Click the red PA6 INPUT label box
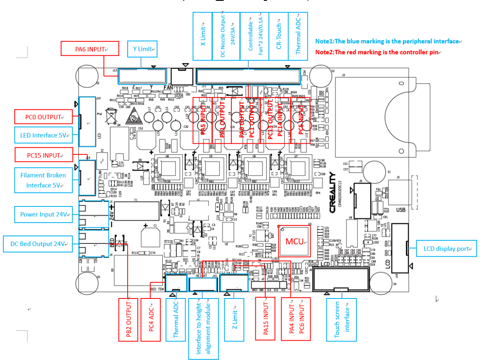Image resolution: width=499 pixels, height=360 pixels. click(90, 49)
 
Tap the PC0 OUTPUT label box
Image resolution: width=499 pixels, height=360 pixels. click(44, 117)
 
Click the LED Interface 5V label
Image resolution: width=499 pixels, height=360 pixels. click(44, 135)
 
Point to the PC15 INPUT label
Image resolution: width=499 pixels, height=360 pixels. click(44, 155)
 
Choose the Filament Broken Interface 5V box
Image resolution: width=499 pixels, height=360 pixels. click(44, 180)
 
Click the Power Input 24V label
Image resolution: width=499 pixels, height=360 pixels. click(44, 214)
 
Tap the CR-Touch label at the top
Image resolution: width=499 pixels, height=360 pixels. click(279, 36)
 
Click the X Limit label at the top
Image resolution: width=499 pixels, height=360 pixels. click(202, 36)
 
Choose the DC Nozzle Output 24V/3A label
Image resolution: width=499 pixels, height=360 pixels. click(226, 36)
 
